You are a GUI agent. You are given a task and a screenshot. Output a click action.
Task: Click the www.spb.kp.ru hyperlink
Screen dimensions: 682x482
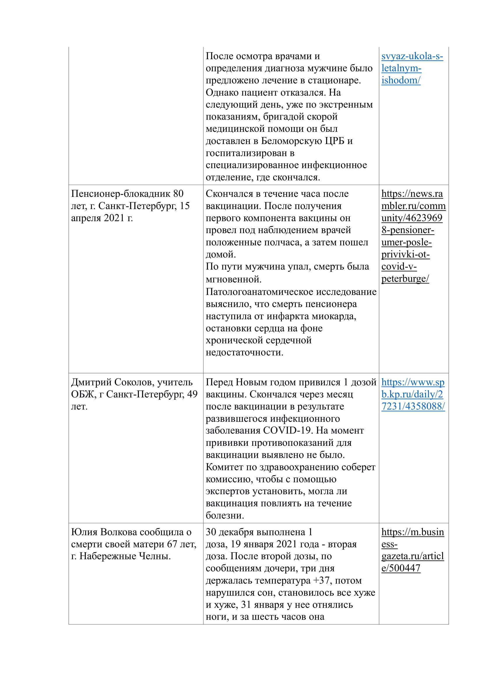point(413,394)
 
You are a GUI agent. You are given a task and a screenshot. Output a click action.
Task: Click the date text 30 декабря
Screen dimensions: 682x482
point(230,532)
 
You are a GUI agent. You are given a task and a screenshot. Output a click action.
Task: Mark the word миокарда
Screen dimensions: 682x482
point(334,316)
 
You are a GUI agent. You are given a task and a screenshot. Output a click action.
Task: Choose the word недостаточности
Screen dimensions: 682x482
point(244,352)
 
